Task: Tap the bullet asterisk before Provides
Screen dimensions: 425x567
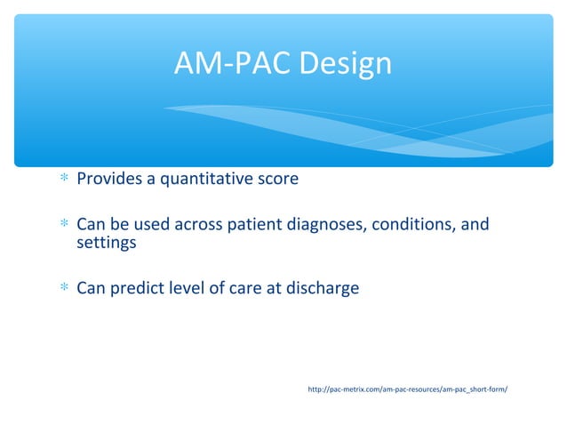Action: click(x=63, y=180)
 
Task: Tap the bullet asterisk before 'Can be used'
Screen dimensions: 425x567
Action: click(x=63, y=225)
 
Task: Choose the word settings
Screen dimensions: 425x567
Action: click(x=107, y=242)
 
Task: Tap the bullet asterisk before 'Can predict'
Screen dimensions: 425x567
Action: click(x=63, y=289)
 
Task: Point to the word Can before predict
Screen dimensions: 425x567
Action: click(x=92, y=288)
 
